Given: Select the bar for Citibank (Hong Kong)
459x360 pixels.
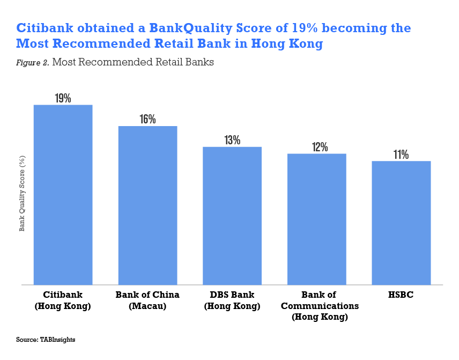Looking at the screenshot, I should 63,195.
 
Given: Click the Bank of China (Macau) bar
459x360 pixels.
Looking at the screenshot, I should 147,205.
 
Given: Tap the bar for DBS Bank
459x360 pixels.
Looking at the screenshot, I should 232,216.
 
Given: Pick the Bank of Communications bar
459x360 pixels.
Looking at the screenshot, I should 317,219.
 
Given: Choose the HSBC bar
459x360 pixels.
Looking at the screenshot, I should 401,223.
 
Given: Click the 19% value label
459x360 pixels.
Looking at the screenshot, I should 63,98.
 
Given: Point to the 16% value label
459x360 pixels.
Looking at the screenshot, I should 147,119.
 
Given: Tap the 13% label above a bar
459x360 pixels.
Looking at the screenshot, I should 232,140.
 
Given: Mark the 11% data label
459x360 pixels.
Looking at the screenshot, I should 401,155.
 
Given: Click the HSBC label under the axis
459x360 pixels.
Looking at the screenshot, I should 401,295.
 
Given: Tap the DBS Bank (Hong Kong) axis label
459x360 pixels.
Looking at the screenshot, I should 232,300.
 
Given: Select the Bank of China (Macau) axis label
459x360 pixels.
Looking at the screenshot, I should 147,300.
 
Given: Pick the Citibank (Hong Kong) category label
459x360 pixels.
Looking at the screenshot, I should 63,300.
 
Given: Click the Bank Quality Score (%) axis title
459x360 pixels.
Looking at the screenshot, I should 23,193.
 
